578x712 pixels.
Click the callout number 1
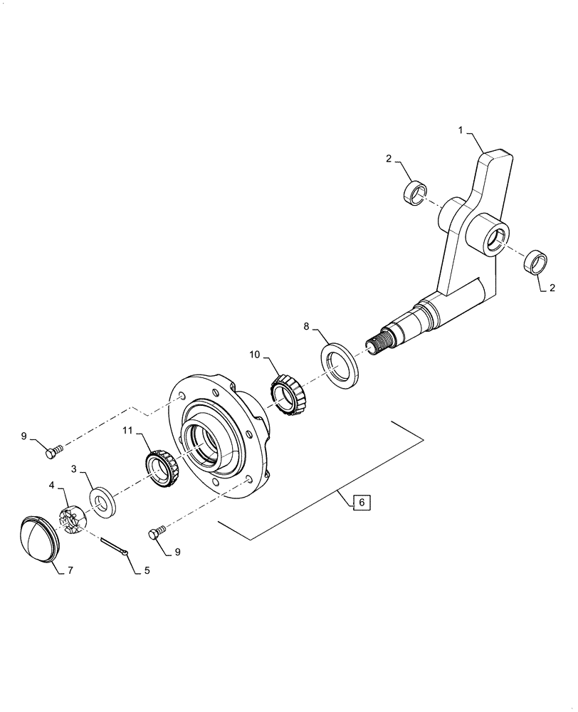[461, 131]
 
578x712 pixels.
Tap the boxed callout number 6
[361, 503]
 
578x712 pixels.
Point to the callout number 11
[127, 430]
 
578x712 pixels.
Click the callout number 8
[306, 327]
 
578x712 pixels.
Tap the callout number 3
[74, 469]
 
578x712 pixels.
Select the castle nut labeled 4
[72, 518]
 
